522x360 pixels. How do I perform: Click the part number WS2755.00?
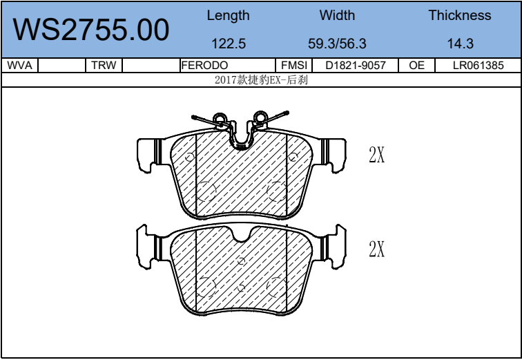[x=91, y=30]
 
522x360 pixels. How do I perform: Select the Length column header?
[x=228, y=16]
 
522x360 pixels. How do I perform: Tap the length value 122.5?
[x=229, y=44]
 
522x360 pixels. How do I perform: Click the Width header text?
[x=337, y=15]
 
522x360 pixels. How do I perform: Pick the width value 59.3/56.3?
[x=337, y=44]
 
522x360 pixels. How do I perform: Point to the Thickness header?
[x=460, y=15]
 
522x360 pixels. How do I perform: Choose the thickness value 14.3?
[x=460, y=44]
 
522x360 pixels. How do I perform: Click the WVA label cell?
[x=19, y=65]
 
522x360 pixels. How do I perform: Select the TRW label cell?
[x=104, y=65]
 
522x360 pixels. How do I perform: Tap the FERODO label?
[x=204, y=65]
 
